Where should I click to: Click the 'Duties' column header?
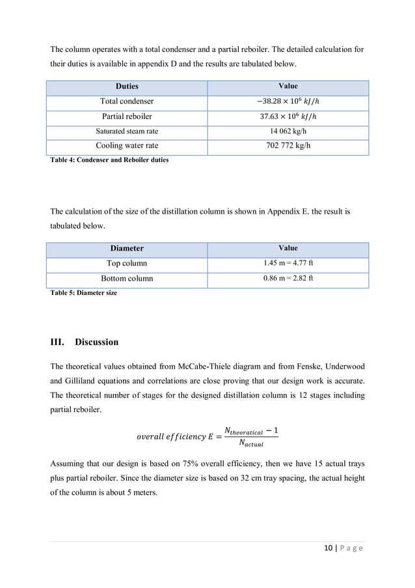(x=127, y=87)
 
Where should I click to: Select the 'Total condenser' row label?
(x=127, y=102)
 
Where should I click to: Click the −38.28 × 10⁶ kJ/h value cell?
(x=288, y=102)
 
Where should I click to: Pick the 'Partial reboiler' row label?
(x=127, y=117)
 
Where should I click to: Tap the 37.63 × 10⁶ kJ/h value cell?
(x=288, y=117)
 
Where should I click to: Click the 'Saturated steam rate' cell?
(x=127, y=131)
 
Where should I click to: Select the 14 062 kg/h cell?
(x=288, y=131)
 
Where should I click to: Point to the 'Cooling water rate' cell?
(x=127, y=146)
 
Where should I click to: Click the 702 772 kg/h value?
(x=288, y=146)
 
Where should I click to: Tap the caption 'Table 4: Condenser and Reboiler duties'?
(x=109, y=160)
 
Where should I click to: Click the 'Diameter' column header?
(x=127, y=249)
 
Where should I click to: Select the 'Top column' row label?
(x=127, y=264)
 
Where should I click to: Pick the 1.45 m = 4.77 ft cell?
(x=288, y=264)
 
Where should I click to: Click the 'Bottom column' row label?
(x=127, y=279)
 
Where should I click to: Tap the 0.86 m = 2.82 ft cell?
(x=288, y=279)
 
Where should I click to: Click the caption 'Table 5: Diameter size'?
(x=84, y=293)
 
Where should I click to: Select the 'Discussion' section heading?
(x=96, y=343)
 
